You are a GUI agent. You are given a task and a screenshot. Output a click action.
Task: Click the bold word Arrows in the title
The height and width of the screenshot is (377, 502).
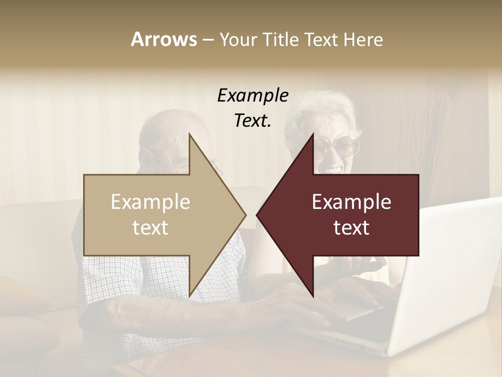coord(164,39)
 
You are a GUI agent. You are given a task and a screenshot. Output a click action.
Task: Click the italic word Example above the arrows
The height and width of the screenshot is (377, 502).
coord(253,95)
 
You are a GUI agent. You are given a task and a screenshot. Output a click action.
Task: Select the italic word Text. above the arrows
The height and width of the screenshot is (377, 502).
coord(253,121)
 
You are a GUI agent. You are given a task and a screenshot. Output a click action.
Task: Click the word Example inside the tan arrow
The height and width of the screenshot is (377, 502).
coord(151,202)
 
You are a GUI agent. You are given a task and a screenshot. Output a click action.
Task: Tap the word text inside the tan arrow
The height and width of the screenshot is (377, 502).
coord(151,228)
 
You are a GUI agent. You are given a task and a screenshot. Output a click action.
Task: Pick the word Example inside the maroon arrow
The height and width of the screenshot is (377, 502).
coord(351,202)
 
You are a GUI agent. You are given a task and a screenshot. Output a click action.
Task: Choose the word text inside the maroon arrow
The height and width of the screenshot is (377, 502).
coord(351,228)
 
